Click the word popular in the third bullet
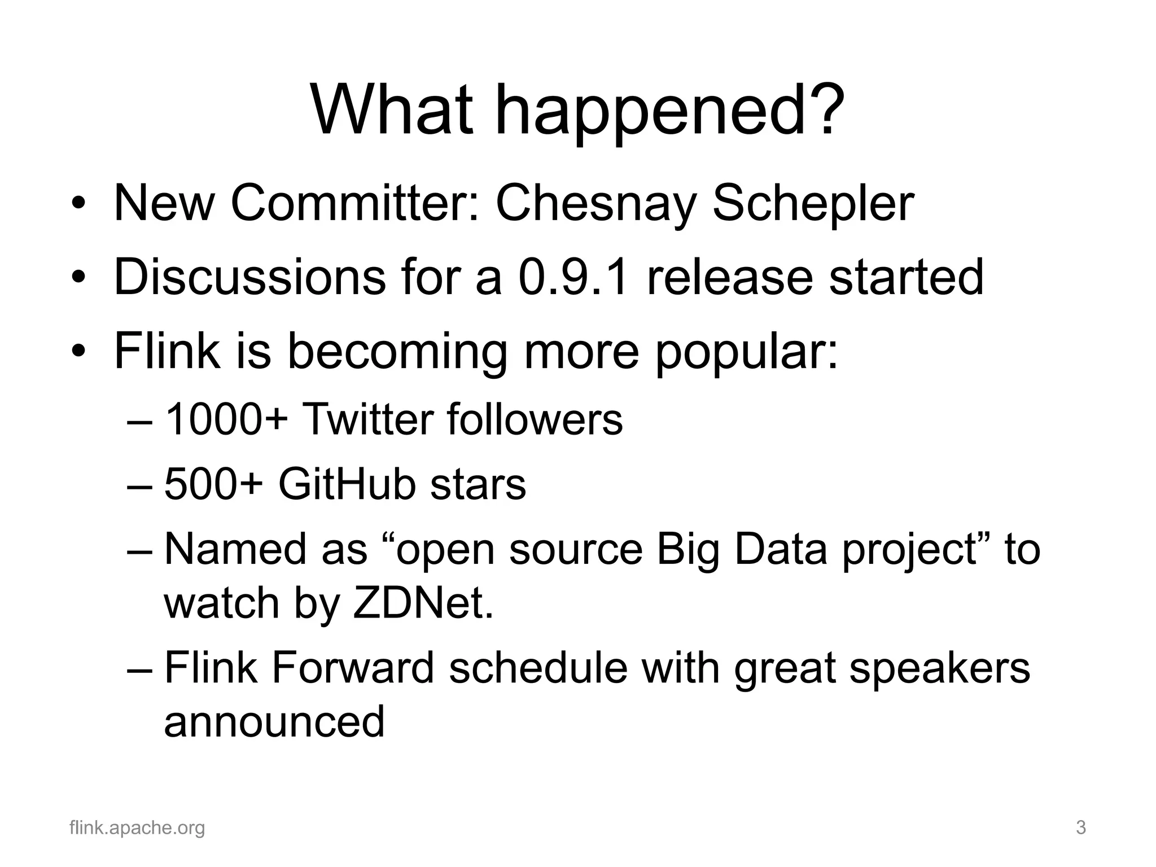tap(745, 351)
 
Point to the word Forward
tap(353, 668)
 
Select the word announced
tap(274, 722)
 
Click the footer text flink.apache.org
tap(137, 828)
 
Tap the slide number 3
tap(1081, 828)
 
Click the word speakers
tap(939, 668)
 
